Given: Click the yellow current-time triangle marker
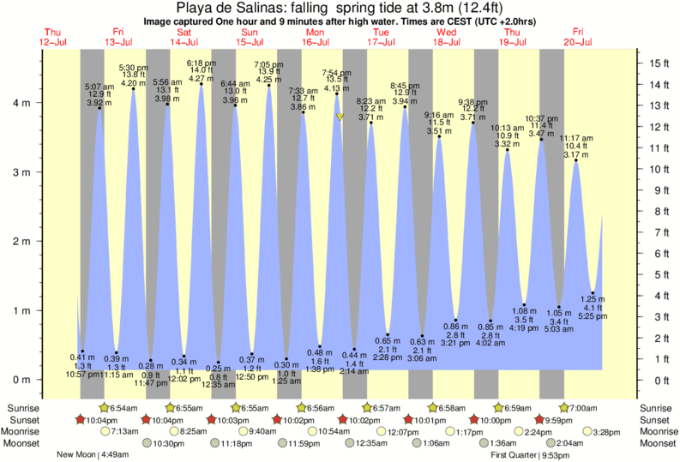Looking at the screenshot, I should pyautogui.click(x=340, y=117).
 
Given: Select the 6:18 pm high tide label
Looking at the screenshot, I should pyautogui.click(x=201, y=63).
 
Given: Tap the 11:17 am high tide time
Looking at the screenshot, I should pyautogui.click(x=576, y=138).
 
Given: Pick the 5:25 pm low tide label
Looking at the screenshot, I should pyautogui.click(x=593, y=315).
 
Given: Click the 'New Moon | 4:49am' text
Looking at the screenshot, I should pyautogui.click(x=88, y=455).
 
